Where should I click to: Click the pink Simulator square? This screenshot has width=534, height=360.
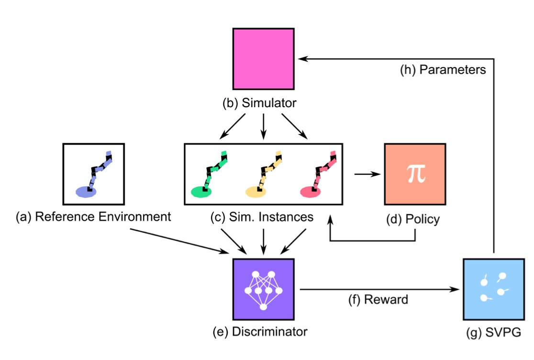coord(263,58)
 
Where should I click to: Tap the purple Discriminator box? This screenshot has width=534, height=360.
coord(263,289)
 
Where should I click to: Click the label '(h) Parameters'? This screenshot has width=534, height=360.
coord(443,70)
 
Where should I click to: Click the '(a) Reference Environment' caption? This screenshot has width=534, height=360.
coord(93,217)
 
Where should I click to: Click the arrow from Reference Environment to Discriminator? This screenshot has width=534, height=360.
coord(179,240)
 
